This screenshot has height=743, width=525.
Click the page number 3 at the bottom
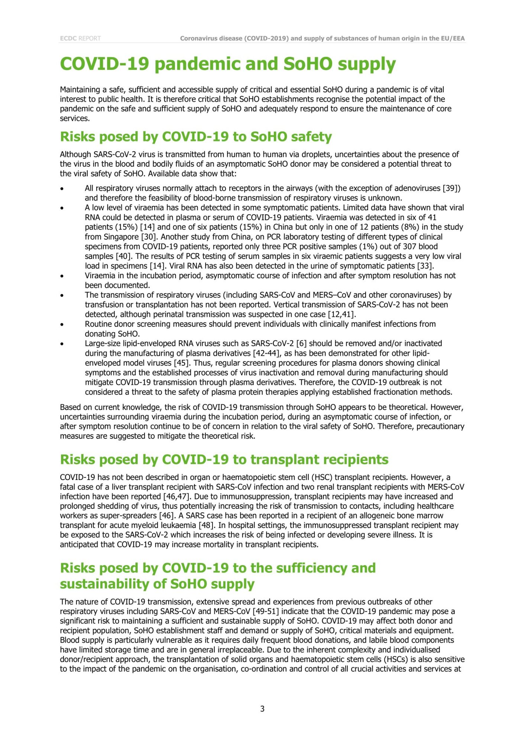click(x=262, y=709)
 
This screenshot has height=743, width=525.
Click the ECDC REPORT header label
click(x=80, y=38)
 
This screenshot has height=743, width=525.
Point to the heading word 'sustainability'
click(x=106, y=584)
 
